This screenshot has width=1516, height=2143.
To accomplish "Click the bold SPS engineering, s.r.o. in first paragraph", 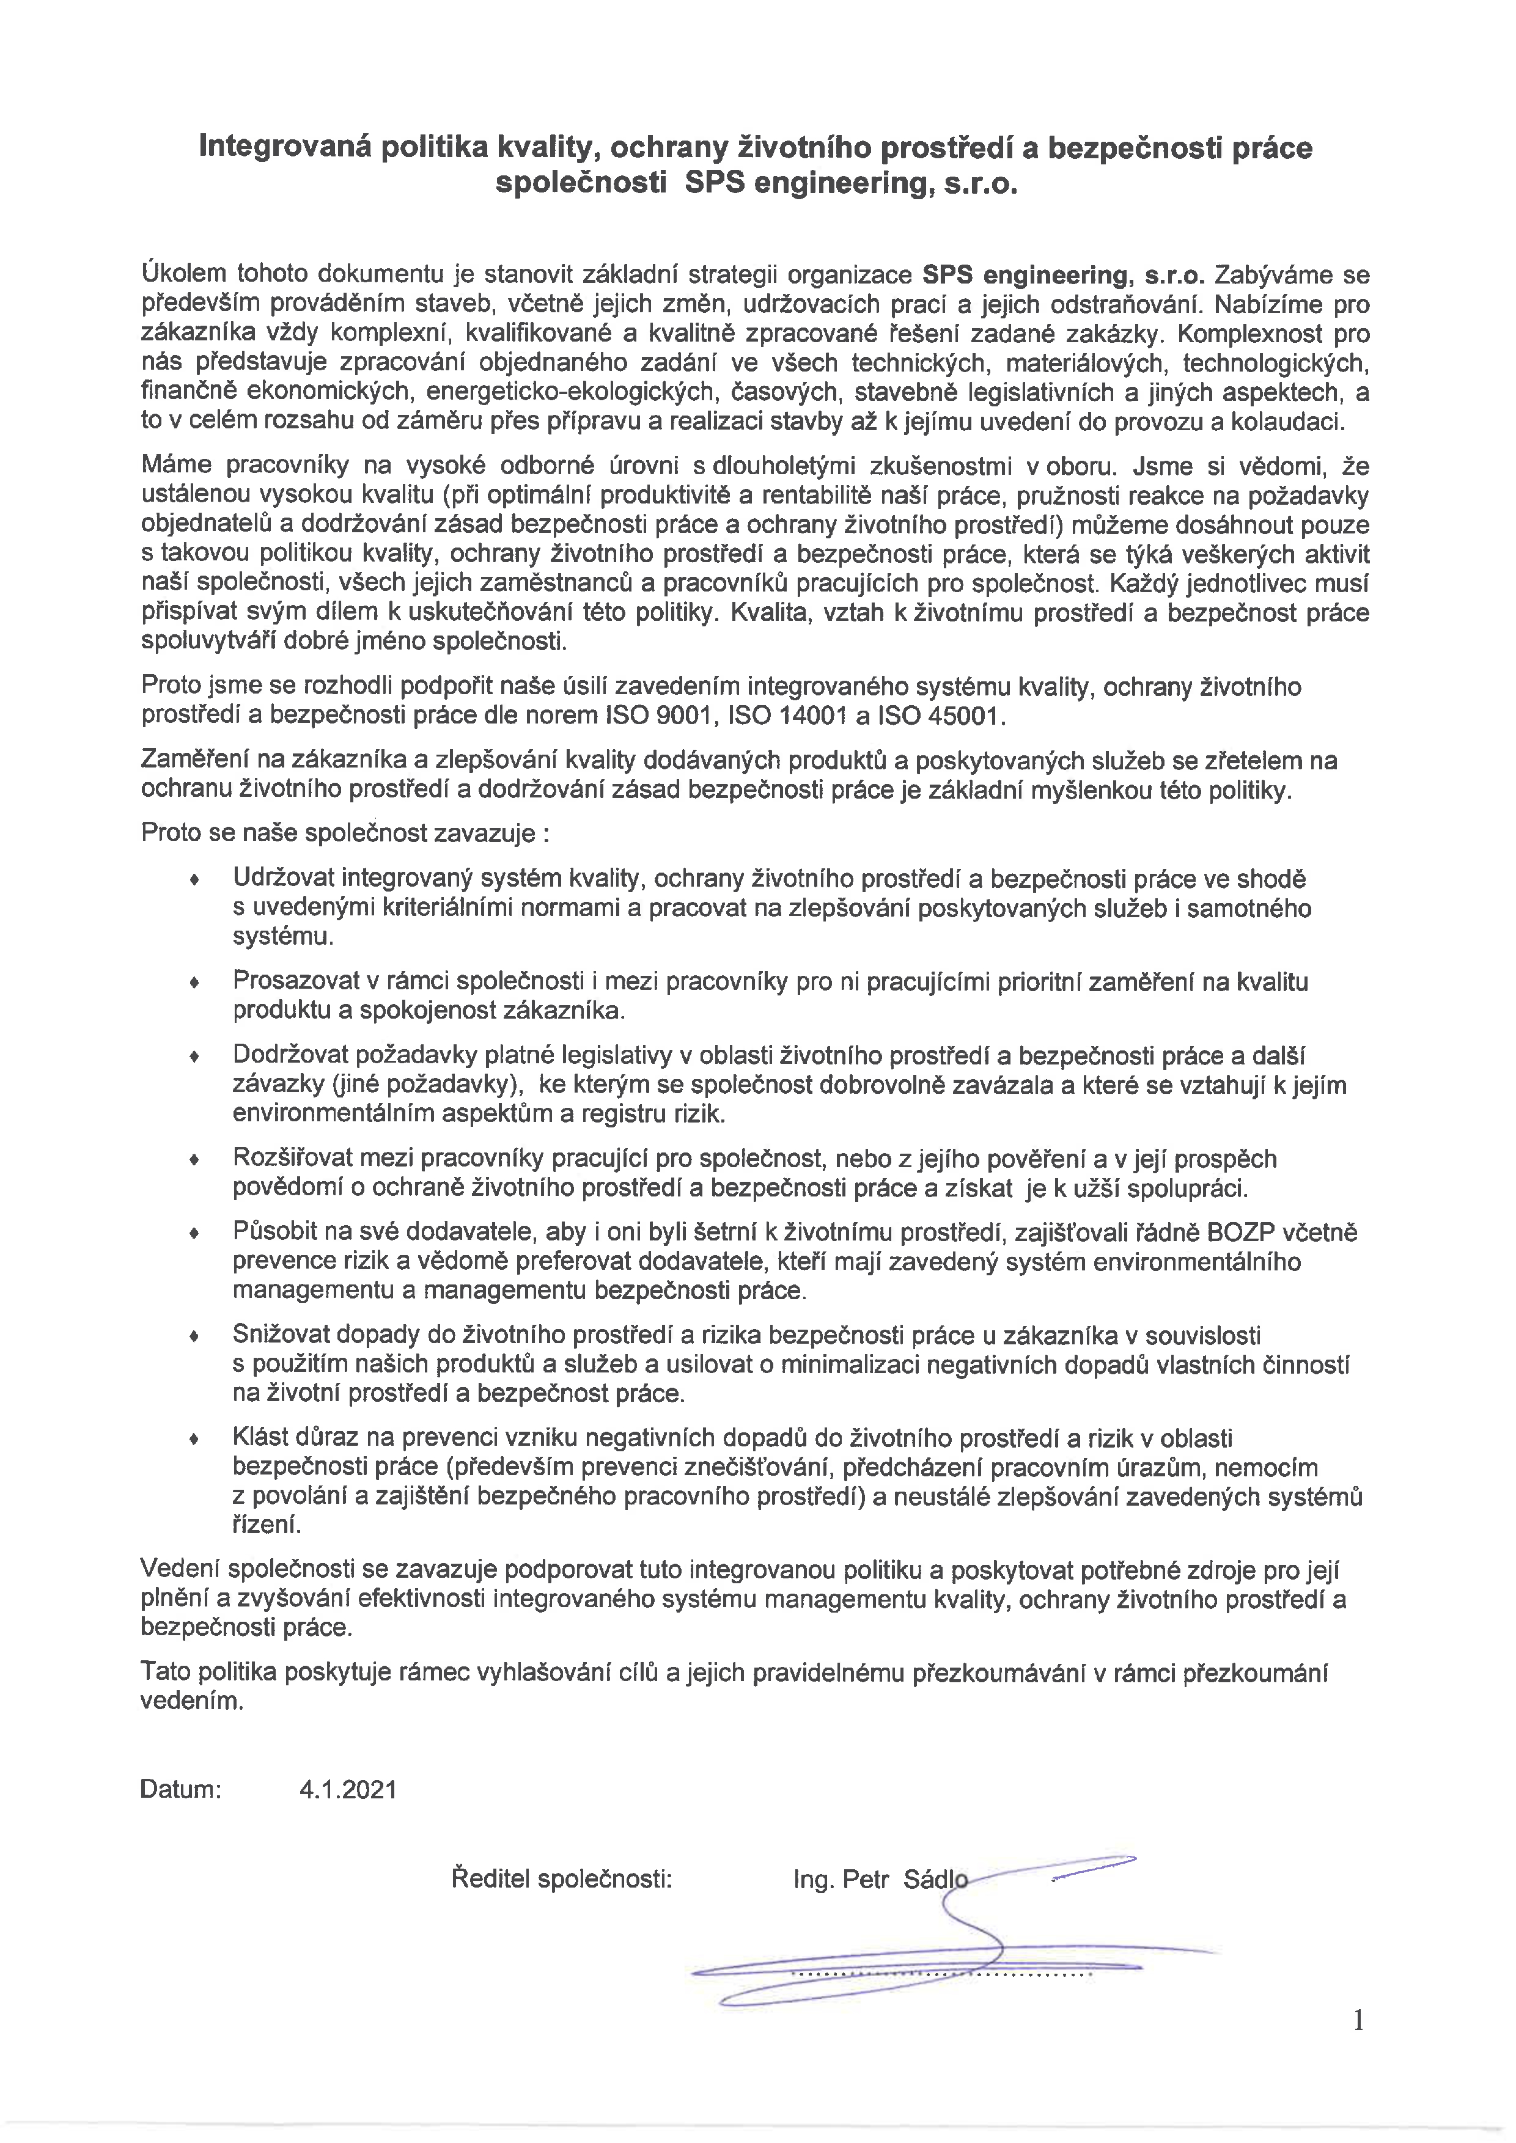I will (1063, 276).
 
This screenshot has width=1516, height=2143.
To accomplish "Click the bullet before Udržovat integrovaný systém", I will (194, 879).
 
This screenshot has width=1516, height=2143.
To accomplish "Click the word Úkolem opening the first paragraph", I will (183, 276).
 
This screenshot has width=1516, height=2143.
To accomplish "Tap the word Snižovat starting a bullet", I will (285, 1335).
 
